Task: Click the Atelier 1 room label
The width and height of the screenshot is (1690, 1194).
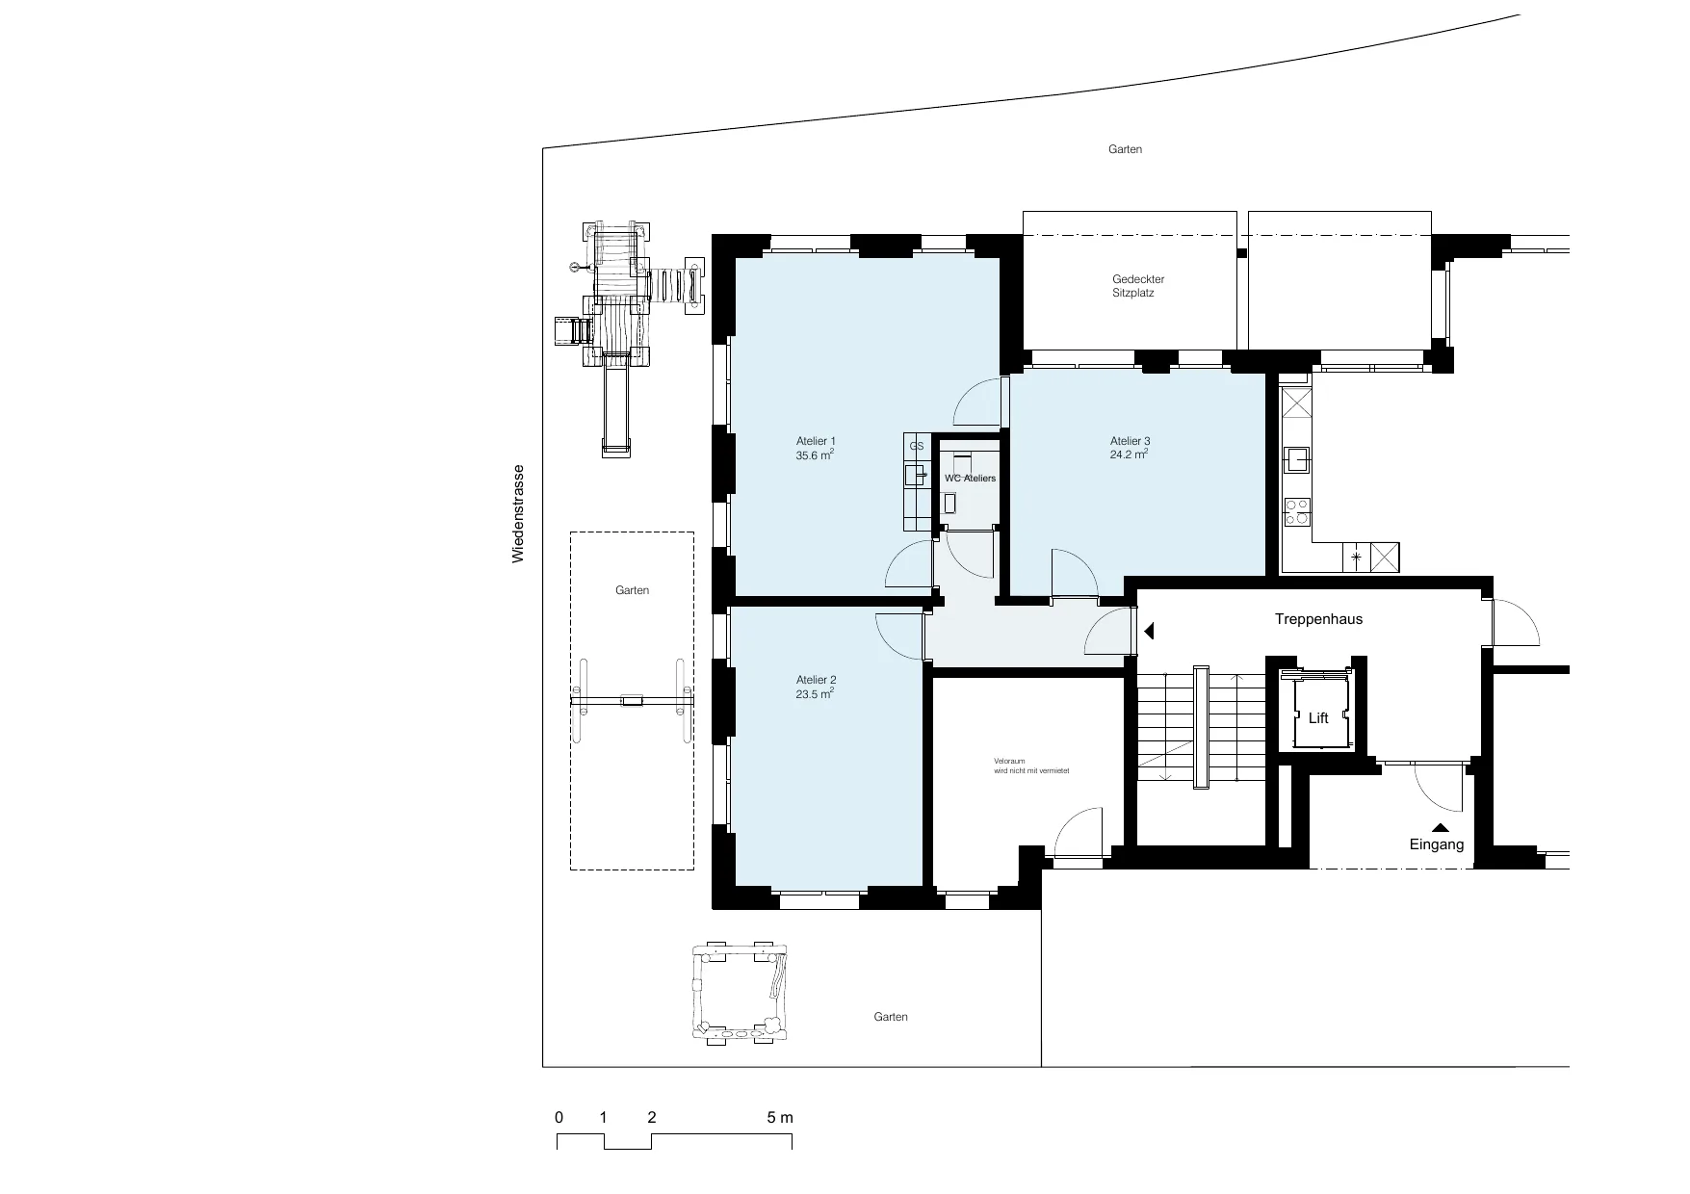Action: (x=816, y=441)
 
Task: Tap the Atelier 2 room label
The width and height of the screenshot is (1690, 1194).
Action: (x=816, y=680)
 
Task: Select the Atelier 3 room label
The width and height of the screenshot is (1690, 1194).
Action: (x=1130, y=441)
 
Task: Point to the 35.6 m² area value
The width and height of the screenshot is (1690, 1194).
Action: (x=815, y=455)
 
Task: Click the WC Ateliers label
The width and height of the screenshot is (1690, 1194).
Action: (x=971, y=479)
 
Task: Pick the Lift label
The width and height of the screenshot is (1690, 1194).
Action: (x=1318, y=718)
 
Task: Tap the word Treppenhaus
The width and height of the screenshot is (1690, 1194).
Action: (x=1318, y=619)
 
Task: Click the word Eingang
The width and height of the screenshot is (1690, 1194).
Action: (x=1437, y=844)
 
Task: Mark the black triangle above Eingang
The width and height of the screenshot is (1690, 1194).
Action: (x=1441, y=826)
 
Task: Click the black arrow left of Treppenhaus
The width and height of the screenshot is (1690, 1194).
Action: (x=1149, y=631)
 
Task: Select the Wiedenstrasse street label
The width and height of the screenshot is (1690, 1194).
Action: (x=518, y=514)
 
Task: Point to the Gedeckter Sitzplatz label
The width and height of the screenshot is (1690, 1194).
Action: (x=1137, y=286)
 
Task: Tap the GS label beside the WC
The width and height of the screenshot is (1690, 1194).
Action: (x=917, y=447)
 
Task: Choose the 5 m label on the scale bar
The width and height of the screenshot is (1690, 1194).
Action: (x=780, y=1118)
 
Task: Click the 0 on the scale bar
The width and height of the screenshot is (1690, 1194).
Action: (x=559, y=1118)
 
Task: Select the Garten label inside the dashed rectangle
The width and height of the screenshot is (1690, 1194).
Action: (x=633, y=590)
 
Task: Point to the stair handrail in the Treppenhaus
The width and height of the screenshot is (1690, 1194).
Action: (x=1200, y=727)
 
